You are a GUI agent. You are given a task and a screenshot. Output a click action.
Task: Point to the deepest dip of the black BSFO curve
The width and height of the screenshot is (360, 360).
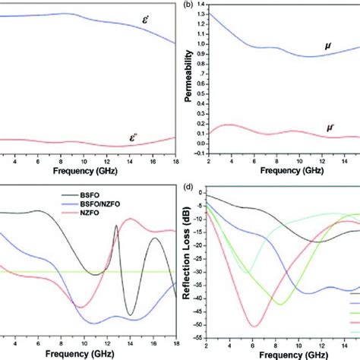[131, 314]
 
